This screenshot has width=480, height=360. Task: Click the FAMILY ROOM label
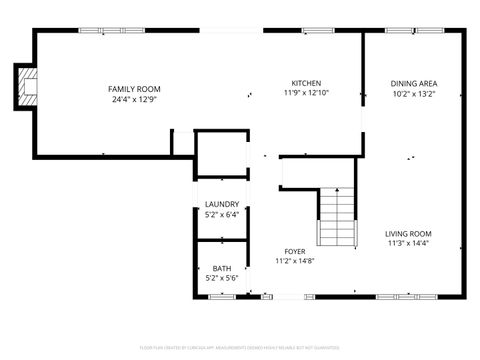134,89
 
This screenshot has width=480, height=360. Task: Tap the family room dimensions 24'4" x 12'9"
134,98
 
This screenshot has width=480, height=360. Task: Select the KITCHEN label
306,83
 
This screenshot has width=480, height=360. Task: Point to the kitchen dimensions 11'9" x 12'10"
306,92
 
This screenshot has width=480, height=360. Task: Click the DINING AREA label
414,83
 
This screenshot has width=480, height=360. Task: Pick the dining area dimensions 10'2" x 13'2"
414,93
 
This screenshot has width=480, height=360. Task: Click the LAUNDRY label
222,204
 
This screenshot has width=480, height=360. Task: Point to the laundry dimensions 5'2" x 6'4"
222,213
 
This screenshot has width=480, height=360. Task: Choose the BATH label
221,268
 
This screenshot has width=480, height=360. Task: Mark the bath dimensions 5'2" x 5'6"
221,278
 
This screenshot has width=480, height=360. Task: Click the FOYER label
295,251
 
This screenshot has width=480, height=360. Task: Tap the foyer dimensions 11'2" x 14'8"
295,261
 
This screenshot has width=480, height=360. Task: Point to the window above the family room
105,31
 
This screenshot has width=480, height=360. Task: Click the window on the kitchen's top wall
318,31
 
